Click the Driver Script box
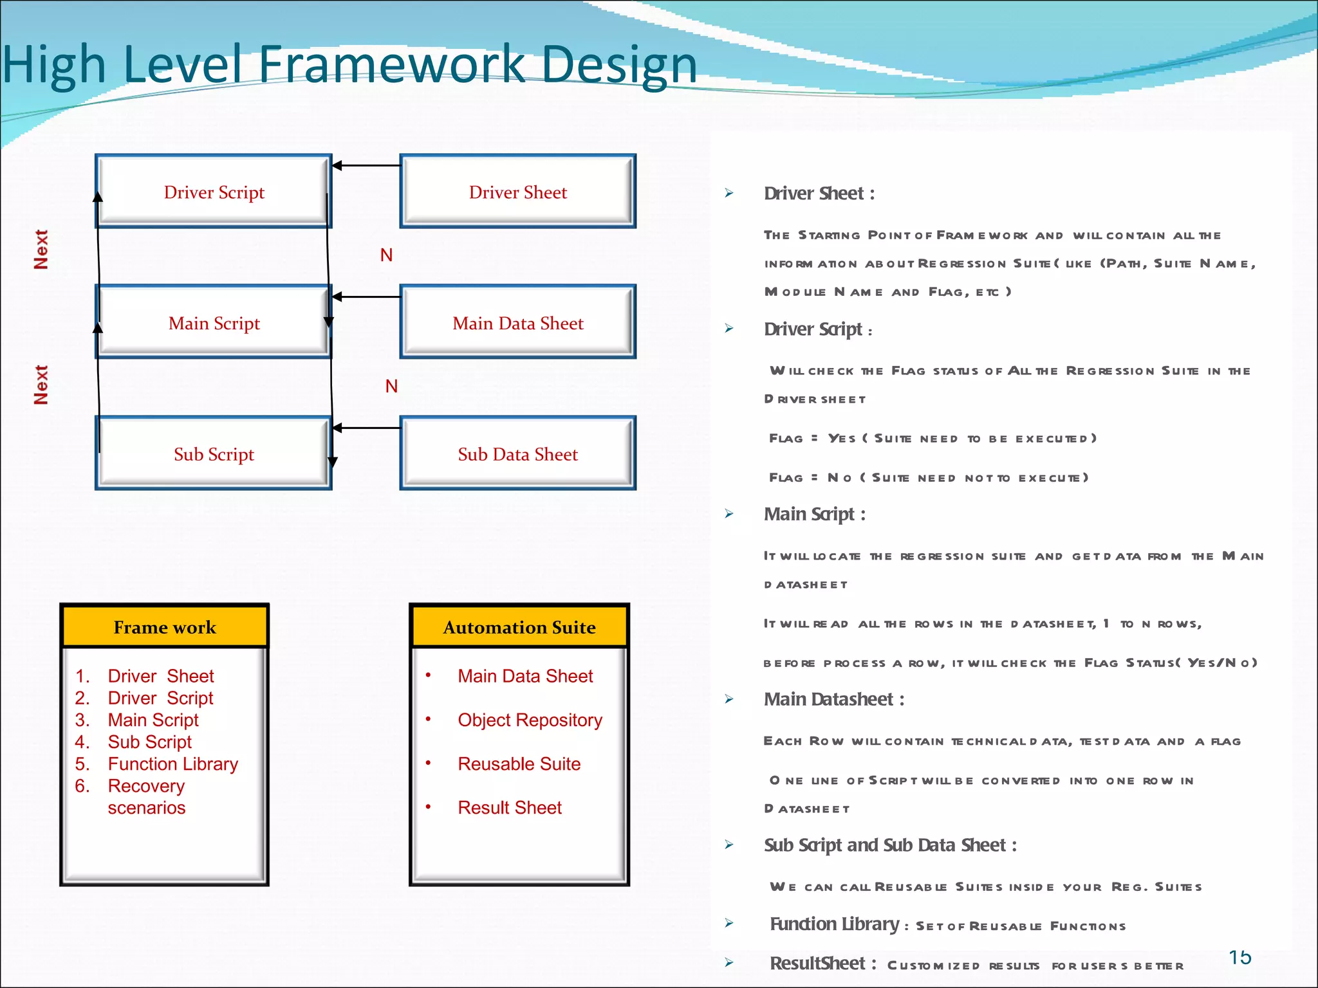pyautogui.click(x=214, y=192)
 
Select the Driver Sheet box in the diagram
pyautogui.click(x=518, y=192)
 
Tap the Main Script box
pyautogui.click(x=214, y=323)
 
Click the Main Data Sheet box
pyautogui.click(x=518, y=323)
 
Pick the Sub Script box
pyautogui.click(x=214, y=454)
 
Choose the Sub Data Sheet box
pyautogui.click(x=518, y=454)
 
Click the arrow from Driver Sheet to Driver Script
pyautogui.click(x=366, y=165)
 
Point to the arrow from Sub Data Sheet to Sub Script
pyautogui.click(x=366, y=428)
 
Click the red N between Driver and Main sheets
pyautogui.click(x=386, y=255)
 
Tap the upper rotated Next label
pyautogui.click(x=41, y=250)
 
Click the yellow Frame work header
pyautogui.click(x=165, y=627)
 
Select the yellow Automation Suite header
pyautogui.click(x=519, y=627)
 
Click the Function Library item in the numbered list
pyautogui.click(x=172, y=764)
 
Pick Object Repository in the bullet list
pyautogui.click(x=530, y=720)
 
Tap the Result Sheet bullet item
pyautogui.click(x=509, y=807)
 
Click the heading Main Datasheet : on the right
pyautogui.click(x=834, y=699)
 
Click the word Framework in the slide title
pyautogui.click(x=392, y=64)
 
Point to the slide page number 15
pyautogui.click(x=1239, y=957)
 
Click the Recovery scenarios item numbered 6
pyautogui.click(x=146, y=796)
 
